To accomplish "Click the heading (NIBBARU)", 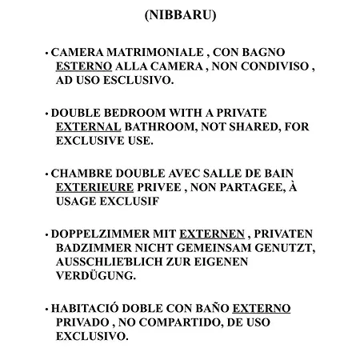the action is tap(180, 15).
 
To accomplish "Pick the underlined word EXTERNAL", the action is tap(86, 126).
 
